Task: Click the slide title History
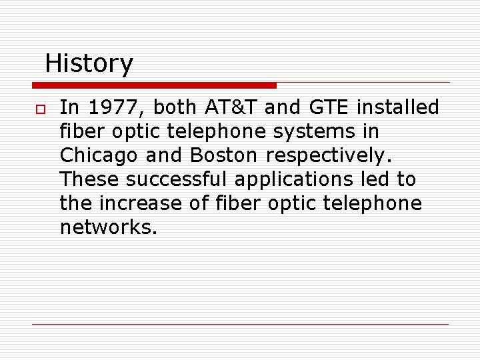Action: coord(89,64)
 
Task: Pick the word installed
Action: coord(399,107)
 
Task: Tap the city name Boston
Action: coord(223,155)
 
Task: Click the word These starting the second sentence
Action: coord(89,179)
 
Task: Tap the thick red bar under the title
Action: coord(154,85)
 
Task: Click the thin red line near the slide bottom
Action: coord(240,324)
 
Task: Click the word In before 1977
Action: coord(68,107)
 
